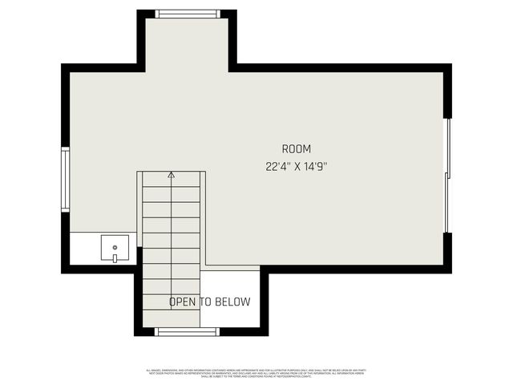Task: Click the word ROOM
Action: click(296, 149)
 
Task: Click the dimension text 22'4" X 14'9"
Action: click(296, 168)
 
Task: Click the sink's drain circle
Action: click(115, 247)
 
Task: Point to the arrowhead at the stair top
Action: click(171, 173)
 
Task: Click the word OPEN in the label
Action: click(182, 302)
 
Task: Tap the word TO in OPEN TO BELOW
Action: click(204, 302)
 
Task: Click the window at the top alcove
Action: click(188, 14)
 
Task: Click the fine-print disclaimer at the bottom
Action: click(256, 371)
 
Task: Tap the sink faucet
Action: click(115, 257)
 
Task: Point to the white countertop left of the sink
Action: click(84, 249)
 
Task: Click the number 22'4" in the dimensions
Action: click(277, 168)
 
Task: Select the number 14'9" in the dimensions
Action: click(316, 168)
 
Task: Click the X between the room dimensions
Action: click(296, 168)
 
